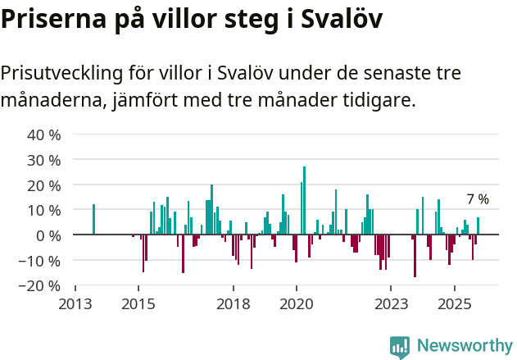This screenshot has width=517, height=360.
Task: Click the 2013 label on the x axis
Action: [x=75, y=304]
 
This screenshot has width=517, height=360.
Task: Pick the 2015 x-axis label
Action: [x=138, y=304]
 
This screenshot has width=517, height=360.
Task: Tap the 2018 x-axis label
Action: [x=233, y=304]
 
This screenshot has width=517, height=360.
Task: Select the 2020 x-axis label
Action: [x=296, y=304]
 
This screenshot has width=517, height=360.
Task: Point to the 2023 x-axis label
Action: [x=390, y=304]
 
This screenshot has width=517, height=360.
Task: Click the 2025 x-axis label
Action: [x=453, y=304]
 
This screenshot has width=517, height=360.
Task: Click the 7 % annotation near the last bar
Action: [x=478, y=199]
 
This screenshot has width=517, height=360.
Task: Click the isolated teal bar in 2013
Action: [x=93, y=219]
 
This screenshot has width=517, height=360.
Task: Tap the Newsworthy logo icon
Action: [x=400, y=346]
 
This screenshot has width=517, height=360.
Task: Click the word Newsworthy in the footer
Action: [x=465, y=346]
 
